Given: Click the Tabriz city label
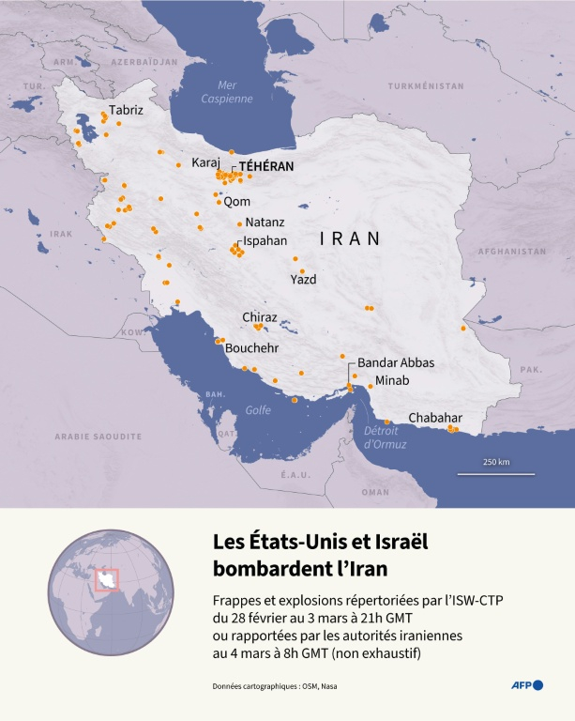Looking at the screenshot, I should coord(127,110).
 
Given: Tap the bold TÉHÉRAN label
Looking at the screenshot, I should coord(266,165).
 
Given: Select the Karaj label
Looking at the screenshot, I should coord(205,162).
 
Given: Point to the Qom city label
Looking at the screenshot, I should coord(236,201).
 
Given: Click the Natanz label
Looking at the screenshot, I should coord(265,222).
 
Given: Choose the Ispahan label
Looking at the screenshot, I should coord(265,240).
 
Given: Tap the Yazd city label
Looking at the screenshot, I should coord(303,279).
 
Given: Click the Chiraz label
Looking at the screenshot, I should coord(260,317).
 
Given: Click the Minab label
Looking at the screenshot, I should coord(392,381).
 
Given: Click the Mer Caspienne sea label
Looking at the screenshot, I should coord(227,92).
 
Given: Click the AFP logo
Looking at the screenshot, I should coord(525,685).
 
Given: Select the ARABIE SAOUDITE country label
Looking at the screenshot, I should coord(98,437).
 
